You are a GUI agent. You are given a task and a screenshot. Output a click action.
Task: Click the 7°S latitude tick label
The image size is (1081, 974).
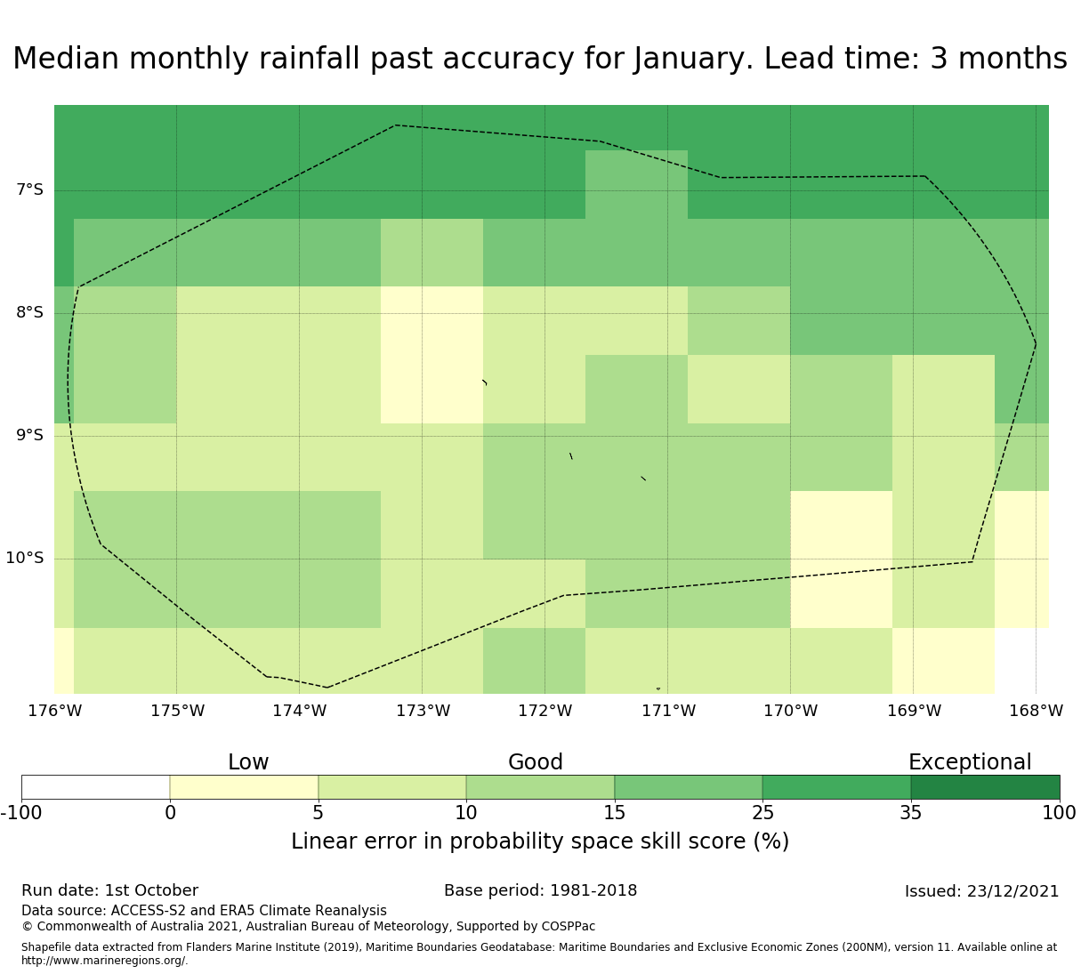(x=29, y=189)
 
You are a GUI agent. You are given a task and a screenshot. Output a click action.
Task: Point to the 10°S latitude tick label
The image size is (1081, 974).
(x=25, y=558)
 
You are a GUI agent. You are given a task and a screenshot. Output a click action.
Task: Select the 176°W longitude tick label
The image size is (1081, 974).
(x=55, y=711)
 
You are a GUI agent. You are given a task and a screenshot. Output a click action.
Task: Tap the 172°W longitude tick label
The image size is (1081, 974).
(x=545, y=711)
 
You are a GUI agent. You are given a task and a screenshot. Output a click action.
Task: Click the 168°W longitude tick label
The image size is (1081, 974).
(x=1036, y=711)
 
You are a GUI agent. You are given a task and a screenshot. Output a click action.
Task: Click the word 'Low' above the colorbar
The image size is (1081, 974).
(x=248, y=762)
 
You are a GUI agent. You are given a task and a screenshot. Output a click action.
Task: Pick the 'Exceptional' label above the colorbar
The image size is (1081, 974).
(x=970, y=762)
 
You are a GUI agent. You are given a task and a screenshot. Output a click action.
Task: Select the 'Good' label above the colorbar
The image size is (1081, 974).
(x=536, y=762)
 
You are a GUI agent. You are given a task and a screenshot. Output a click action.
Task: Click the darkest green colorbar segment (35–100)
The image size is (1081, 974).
(x=985, y=787)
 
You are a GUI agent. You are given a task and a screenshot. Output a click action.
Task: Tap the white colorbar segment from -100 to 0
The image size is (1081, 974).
(x=95, y=787)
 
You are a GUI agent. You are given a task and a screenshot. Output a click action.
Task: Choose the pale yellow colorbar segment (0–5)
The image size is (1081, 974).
(x=244, y=787)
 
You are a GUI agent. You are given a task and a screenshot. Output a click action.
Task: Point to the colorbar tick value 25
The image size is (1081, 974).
(x=762, y=813)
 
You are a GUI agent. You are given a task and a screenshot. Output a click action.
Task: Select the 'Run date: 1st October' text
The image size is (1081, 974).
(x=109, y=890)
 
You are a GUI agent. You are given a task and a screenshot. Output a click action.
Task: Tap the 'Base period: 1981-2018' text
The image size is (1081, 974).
(x=540, y=890)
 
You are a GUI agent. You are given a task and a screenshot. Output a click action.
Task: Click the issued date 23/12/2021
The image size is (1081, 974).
(x=1012, y=891)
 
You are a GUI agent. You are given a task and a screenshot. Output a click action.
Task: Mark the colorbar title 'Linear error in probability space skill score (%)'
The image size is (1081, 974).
(x=540, y=841)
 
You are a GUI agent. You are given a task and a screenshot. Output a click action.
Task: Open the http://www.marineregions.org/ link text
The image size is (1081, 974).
(x=104, y=961)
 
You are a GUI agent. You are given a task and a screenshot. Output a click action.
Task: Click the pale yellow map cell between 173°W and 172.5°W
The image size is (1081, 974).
(x=432, y=354)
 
